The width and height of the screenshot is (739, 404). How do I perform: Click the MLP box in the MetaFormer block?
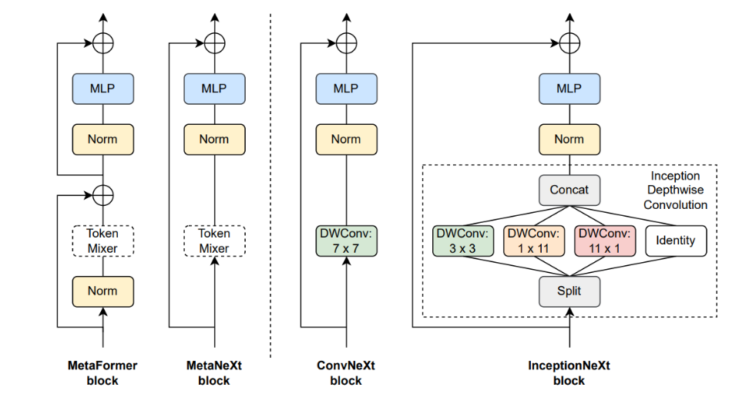point(103,88)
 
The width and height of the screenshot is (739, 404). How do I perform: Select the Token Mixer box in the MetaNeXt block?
point(214,240)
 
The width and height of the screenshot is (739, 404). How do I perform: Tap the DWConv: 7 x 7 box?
point(346,240)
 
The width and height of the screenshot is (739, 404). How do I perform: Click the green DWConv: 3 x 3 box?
point(462,240)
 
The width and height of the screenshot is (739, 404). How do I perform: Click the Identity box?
point(675,240)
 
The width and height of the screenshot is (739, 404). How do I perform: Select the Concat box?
point(569,190)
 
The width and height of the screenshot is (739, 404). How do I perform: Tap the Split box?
point(569,291)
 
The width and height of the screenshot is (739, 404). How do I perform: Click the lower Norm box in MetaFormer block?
point(103,291)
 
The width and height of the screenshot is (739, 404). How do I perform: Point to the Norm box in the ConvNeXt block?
point(346,140)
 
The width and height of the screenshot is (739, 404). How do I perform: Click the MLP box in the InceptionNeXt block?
point(569,88)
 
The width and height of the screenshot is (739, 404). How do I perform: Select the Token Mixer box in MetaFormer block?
point(103,240)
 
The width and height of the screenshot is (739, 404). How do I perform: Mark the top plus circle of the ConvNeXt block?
point(346,43)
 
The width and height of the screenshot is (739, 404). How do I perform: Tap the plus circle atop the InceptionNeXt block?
point(569,43)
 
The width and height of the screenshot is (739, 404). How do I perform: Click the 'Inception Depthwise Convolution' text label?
point(675,190)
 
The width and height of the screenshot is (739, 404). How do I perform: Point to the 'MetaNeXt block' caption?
point(214,372)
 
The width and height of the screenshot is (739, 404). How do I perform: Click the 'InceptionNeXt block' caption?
point(569,372)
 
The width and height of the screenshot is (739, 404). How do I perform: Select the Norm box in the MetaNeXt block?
point(214,140)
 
